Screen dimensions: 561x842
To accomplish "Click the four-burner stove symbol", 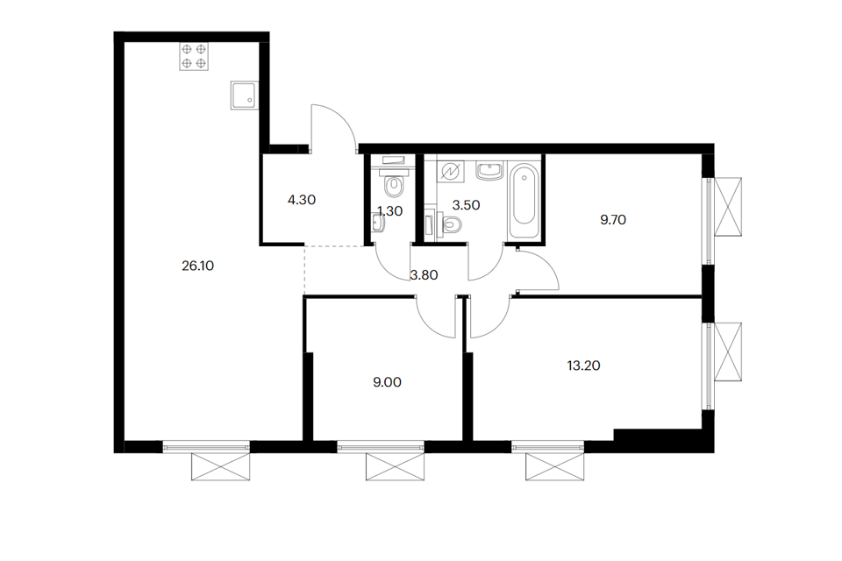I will (194, 57).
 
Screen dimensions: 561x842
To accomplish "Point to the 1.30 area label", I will (389, 210).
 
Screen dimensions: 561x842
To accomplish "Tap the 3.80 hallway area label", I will (424, 273).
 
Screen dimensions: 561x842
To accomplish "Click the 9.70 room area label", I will (614, 220).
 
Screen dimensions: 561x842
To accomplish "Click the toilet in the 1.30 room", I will (395, 185).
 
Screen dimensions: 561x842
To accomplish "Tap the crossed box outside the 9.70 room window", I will (729, 207).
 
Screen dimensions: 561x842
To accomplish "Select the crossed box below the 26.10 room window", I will (220, 466).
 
